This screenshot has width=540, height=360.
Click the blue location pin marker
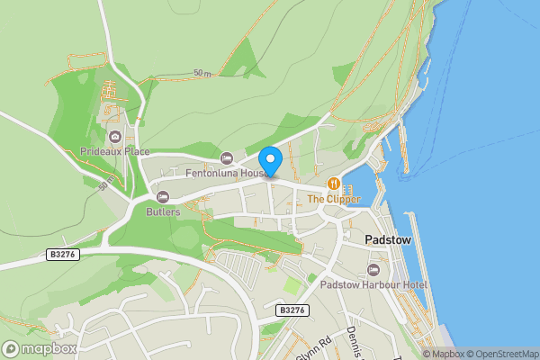coord(270,159)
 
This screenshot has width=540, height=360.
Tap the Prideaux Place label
coord(114,151)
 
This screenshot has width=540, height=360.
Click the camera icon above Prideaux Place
coord(114,137)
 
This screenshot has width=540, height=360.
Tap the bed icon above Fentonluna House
coord(226,158)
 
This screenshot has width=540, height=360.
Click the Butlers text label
coord(163,212)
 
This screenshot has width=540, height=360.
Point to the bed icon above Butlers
coord(163,197)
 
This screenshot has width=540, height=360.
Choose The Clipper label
coord(334,199)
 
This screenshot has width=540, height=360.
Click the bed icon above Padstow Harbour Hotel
coord(374,270)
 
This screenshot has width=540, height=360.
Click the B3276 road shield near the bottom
coord(292,310)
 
